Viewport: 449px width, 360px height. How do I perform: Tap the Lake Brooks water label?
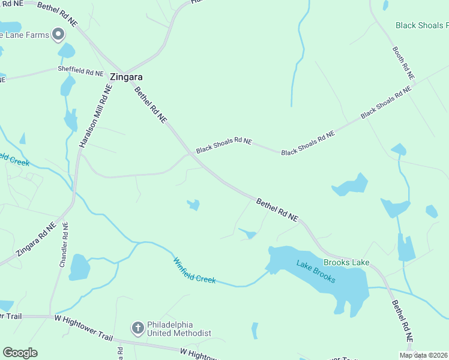click(316, 271)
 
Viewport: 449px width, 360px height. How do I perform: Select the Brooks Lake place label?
click(346, 262)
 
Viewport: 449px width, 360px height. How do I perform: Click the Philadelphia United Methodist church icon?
click(137, 328)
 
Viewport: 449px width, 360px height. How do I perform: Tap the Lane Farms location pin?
click(58, 35)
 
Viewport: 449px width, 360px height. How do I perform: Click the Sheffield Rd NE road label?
click(81, 71)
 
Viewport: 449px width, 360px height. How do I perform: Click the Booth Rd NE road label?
click(403, 64)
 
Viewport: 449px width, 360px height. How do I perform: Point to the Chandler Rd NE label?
click(63, 245)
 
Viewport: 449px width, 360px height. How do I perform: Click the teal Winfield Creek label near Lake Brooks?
click(194, 271)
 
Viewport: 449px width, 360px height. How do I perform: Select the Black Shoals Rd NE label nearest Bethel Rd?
click(224, 145)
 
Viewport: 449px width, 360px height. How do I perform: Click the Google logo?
click(20, 353)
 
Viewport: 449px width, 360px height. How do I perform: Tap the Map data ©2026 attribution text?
click(423, 355)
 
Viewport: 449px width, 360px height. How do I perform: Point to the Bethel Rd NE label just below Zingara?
click(150, 105)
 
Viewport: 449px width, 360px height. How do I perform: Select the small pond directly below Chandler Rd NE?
click(79, 268)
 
